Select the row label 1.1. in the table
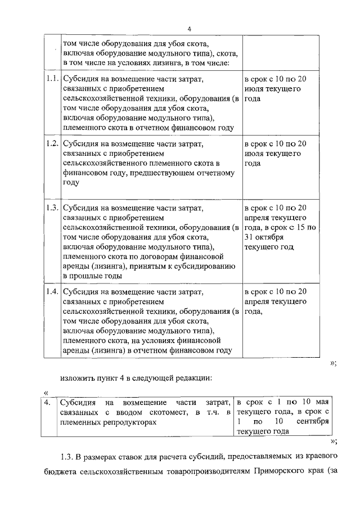[x=52, y=79]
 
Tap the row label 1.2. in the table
[x=52, y=143]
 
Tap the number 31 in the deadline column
[x=250, y=237]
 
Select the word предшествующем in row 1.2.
[x=164, y=173]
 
